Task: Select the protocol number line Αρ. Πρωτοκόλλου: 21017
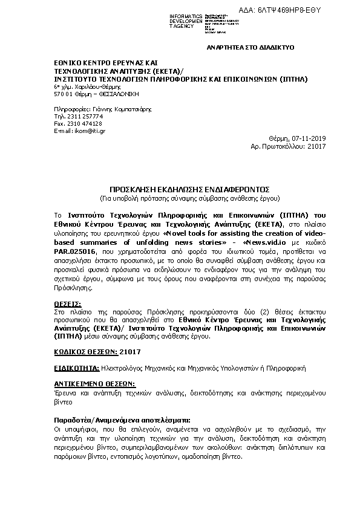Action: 288,146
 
